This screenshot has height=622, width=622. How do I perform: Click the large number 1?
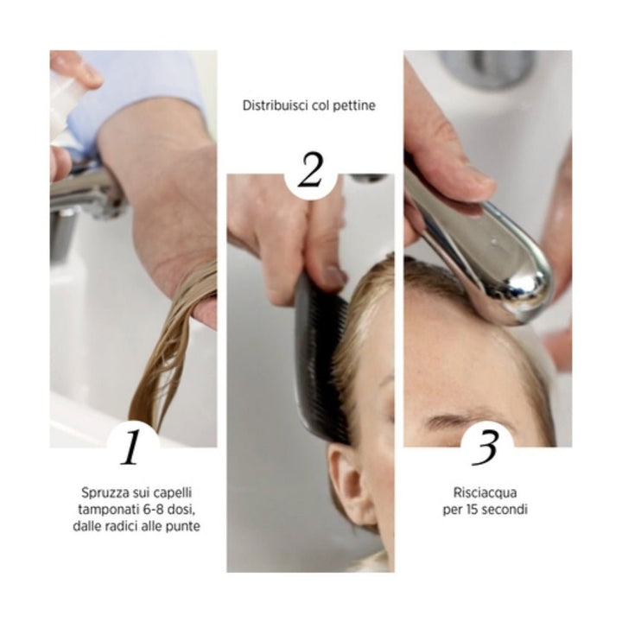pos(131,447)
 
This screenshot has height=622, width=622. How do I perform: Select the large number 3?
pos(486,447)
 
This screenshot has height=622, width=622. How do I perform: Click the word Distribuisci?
pos(276,106)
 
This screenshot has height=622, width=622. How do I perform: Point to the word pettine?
pos(355,106)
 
